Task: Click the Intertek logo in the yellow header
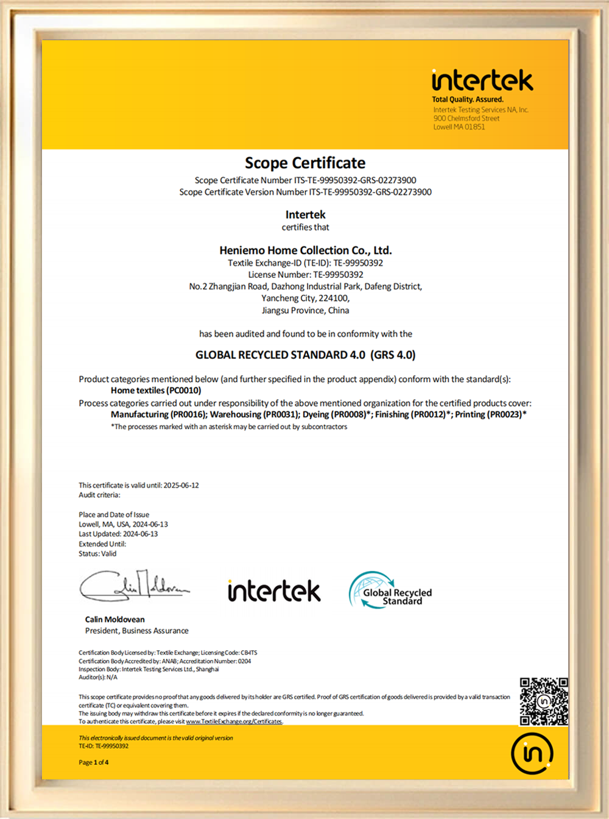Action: click(x=482, y=80)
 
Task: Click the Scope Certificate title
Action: click(x=305, y=163)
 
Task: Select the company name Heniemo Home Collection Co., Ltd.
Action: click(x=305, y=250)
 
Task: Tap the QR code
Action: click(x=544, y=701)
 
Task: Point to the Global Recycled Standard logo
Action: click(x=390, y=590)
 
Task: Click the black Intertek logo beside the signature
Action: click(x=274, y=591)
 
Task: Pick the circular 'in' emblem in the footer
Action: click(x=532, y=754)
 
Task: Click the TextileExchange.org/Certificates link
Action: click(x=234, y=721)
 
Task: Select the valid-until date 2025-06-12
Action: click(x=181, y=486)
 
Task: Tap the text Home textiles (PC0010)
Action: click(x=156, y=391)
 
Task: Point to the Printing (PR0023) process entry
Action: click(x=490, y=414)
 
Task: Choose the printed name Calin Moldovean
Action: click(x=115, y=620)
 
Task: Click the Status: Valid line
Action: click(x=97, y=554)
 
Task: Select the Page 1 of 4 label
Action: click(x=94, y=762)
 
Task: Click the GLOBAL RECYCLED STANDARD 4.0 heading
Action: click(x=305, y=355)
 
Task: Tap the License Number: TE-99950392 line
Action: click(x=305, y=275)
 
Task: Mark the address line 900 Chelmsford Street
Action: click(x=466, y=118)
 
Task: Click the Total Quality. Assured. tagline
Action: click(x=468, y=99)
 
